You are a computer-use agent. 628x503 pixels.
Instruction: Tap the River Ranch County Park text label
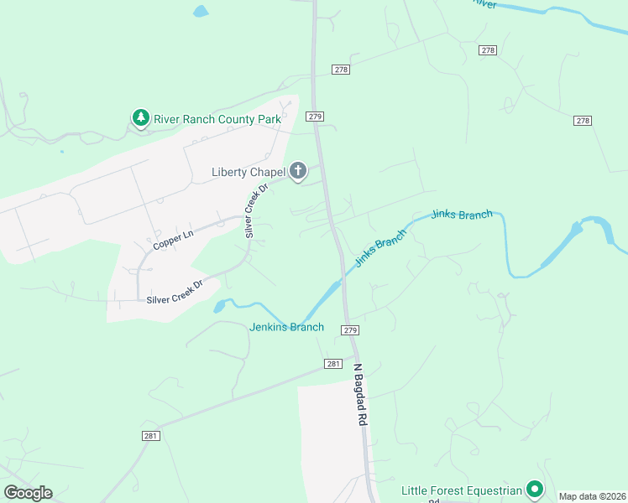pyautogui.click(x=217, y=119)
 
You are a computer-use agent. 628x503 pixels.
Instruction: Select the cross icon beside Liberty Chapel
pyautogui.click(x=297, y=173)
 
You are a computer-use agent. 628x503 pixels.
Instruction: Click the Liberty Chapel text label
pyautogui.click(x=249, y=173)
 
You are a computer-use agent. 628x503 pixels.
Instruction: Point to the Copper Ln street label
pyautogui.click(x=174, y=240)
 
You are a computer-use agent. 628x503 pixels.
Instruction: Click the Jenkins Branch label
pyautogui.click(x=286, y=327)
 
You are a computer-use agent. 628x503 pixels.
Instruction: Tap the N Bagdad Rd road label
pyautogui.click(x=361, y=396)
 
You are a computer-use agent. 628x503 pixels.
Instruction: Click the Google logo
pyautogui.click(x=28, y=493)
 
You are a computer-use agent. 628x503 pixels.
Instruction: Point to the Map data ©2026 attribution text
pyautogui.click(x=591, y=496)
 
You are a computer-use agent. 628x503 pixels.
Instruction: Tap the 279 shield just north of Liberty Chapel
pyautogui.click(x=315, y=117)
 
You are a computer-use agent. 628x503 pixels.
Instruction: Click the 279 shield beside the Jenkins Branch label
pyautogui.click(x=350, y=330)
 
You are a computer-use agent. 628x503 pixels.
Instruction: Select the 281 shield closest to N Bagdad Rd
pyautogui.click(x=332, y=364)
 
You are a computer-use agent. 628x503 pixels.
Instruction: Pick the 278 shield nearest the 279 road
pyautogui.click(x=340, y=70)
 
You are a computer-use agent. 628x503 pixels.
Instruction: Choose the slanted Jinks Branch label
pyautogui.click(x=379, y=249)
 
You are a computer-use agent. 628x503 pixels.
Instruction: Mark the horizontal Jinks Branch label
pyautogui.click(x=461, y=215)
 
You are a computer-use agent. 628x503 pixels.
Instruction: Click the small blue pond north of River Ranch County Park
pyautogui.click(x=200, y=12)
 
